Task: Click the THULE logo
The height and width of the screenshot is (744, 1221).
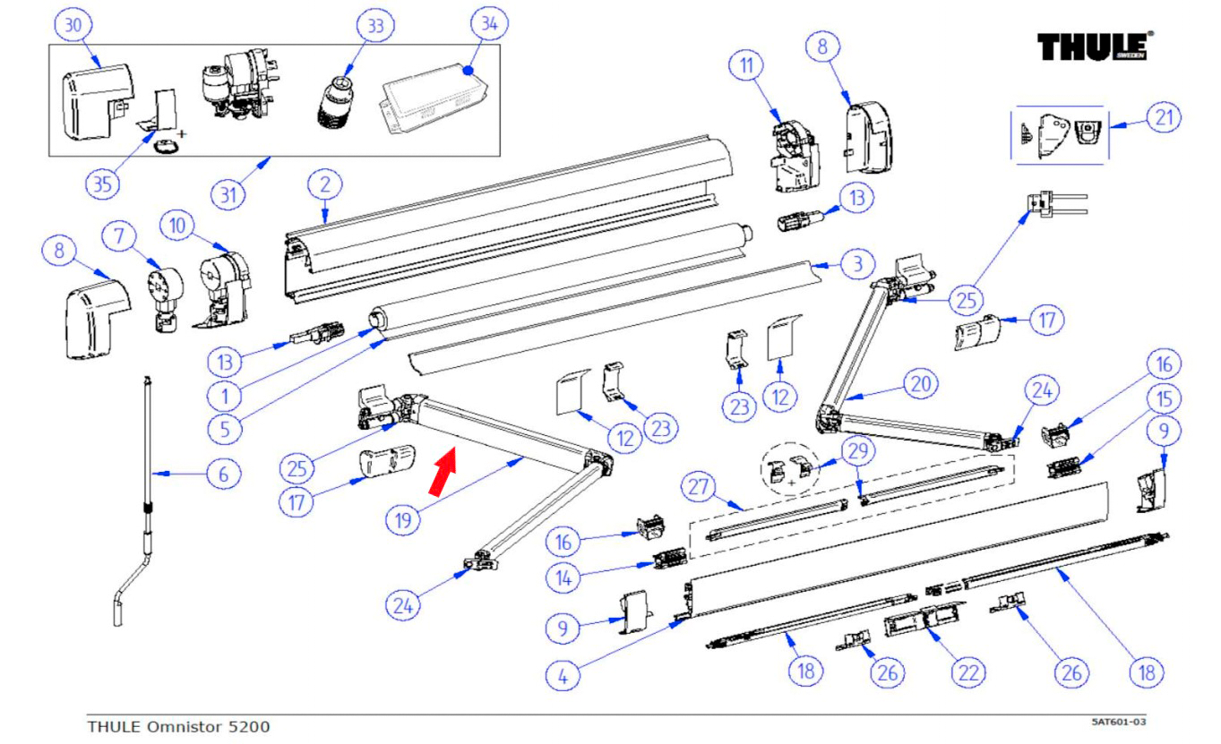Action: point(1095,46)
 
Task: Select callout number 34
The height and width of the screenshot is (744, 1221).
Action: point(488,24)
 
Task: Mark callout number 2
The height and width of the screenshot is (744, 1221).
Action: point(325,186)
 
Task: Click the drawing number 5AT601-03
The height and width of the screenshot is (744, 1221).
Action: point(1120,721)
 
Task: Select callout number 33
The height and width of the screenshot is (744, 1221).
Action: point(374,26)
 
